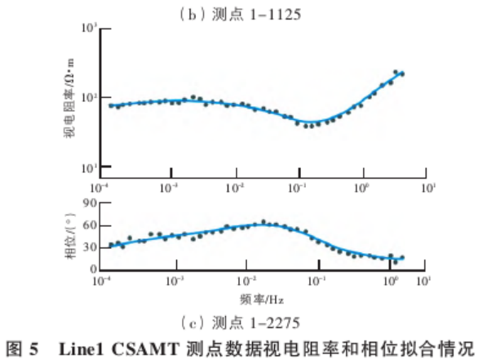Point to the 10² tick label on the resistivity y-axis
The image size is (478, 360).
tap(89, 98)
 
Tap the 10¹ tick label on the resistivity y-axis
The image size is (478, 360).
tap(89, 168)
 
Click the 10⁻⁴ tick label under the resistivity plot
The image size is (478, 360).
tap(103, 187)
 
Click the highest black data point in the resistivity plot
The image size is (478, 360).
tap(396, 72)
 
